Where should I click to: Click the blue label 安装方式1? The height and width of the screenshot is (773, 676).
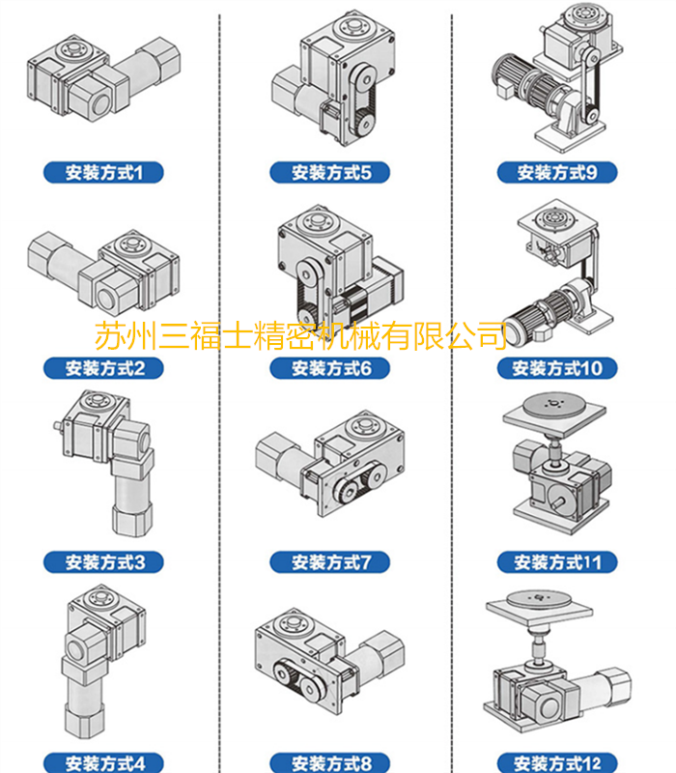103,173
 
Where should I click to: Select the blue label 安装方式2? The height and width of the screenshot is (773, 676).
103,367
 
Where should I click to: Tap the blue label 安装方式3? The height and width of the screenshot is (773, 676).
103,561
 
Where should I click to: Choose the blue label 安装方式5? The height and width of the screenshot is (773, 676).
332,173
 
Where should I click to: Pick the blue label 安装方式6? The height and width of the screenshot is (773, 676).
332,367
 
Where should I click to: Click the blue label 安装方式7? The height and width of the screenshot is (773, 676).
332,561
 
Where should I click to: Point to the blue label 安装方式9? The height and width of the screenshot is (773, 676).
558,173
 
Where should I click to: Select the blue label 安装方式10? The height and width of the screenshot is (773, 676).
558,367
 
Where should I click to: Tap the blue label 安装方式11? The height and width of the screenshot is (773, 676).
558,561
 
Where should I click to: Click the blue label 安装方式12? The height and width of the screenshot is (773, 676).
558,762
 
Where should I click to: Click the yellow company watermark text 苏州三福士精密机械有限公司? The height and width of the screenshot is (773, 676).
300,335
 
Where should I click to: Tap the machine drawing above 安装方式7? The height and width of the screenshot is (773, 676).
333,464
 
